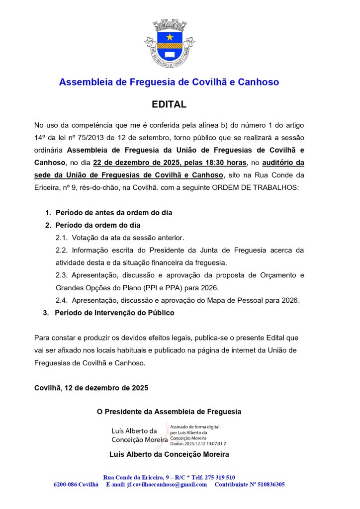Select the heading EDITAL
169,105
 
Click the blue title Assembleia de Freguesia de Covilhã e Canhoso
169,82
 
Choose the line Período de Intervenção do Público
114,313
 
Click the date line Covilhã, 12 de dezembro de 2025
91,387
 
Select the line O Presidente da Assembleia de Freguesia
169,412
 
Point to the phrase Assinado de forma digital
195,426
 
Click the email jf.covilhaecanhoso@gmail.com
167,484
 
